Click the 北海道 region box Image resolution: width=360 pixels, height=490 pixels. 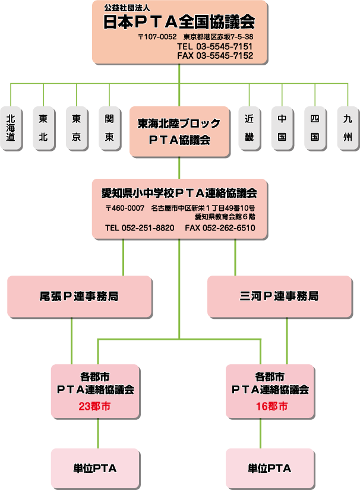pyautogui.click(x=11, y=128)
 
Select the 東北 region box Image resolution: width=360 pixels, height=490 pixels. pyautogui.click(x=43, y=128)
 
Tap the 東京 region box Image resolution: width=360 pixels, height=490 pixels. pyautogui.click(x=76, y=128)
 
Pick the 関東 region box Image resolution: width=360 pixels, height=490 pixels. pyautogui.click(x=109, y=128)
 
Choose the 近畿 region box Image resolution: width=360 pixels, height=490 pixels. pyautogui.click(x=249, y=128)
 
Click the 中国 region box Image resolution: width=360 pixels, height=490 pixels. pyautogui.click(x=282, y=128)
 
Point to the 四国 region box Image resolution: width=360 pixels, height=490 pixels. pyautogui.click(x=314, y=128)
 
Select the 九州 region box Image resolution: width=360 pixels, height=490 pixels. pyautogui.click(x=348, y=128)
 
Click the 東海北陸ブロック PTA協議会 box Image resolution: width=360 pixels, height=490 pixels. pyautogui.click(x=179, y=132)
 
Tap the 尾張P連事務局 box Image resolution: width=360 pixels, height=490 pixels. pyautogui.click(x=79, y=296)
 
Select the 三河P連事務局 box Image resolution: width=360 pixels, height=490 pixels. pyautogui.click(x=279, y=296)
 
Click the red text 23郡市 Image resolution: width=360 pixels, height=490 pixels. pyautogui.click(x=94, y=407)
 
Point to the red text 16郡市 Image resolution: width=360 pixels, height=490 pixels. pyautogui.click(x=270, y=407)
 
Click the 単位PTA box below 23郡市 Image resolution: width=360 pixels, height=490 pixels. pyautogui.click(x=94, y=469)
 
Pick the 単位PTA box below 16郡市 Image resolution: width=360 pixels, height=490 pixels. pyautogui.click(x=270, y=469)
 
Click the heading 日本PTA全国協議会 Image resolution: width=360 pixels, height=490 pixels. pyautogui.click(x=179, y=23)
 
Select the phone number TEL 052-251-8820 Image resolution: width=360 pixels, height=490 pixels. pyautogui.click(x=140, y=228)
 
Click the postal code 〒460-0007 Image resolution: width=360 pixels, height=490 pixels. pyautogui.click(x=125, y=208)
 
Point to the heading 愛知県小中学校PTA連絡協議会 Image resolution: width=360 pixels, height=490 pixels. pyautogui.click(x=179, y=193)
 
